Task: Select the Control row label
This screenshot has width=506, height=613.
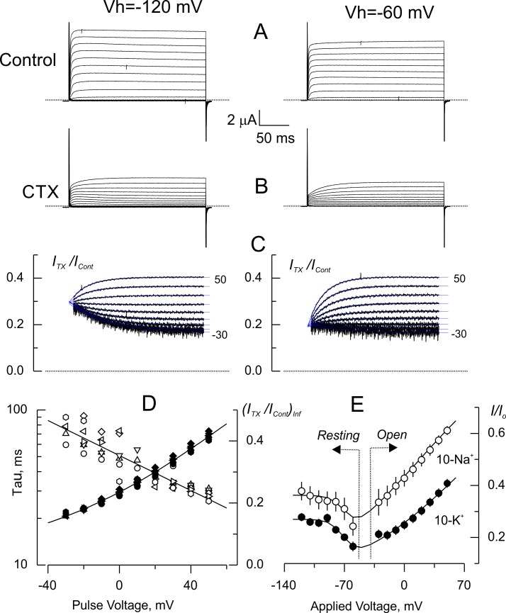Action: [x=28, y=60]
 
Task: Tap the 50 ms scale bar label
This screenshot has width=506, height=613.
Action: [x=274, y=138]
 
